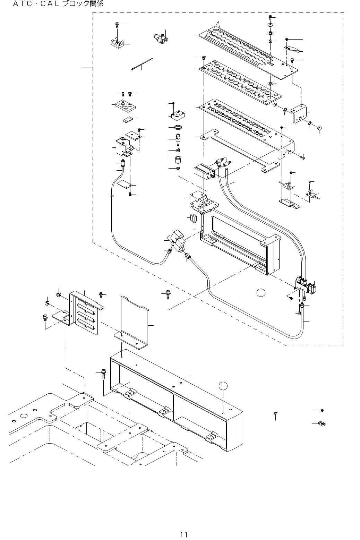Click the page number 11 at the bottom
[184, 534]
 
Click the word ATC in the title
[22, 4]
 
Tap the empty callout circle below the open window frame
[261, 293]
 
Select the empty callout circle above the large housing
[223, 386]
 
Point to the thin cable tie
[142, 64]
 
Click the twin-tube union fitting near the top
[161, 38]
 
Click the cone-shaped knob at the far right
[320, 128]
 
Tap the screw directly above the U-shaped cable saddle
[117, 25]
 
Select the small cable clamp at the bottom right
[322, 423]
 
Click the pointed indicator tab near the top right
[292, 49]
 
